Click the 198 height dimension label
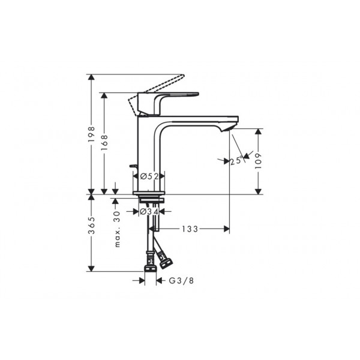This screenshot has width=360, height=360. tap(91, 134)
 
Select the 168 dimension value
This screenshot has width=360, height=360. tap(104, 143)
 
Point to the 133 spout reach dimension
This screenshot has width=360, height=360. tap(190, 229)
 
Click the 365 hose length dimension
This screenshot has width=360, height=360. tap(91, 225)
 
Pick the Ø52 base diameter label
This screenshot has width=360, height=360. tap(149, 176)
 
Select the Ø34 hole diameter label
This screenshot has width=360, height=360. tap(149, 211)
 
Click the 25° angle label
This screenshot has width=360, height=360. tap(236, 160)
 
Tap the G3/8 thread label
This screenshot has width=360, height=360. tap(181, 280)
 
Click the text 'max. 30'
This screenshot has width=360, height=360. tap(117, 229)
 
